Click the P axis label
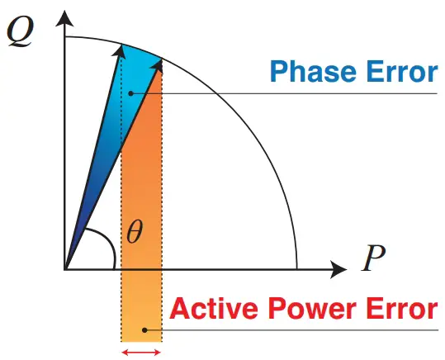coord(374,261)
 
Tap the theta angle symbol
coord(135,233)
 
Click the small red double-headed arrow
coord(141,352)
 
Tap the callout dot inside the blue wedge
coord(131,93)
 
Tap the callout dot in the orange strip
coord(144,331)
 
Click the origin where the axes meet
coord(64,269)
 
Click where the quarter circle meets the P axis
coord(296,269)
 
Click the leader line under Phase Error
coord(330,93)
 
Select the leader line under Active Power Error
coord(330,331)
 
